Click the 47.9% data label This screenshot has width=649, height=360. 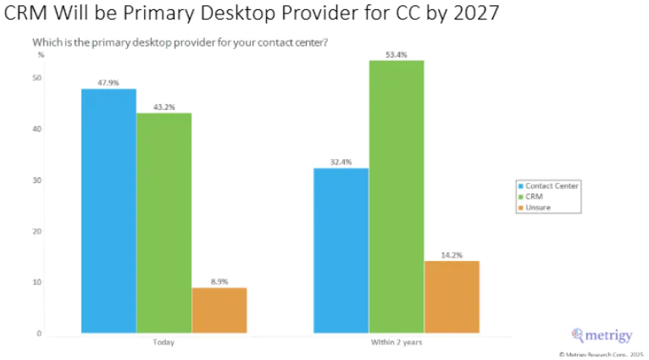(108, 83)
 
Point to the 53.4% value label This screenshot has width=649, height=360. (397, 54)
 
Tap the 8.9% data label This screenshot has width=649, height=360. (219, 282)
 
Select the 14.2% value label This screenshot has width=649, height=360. (452, 254)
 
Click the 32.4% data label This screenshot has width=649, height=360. (341, 162)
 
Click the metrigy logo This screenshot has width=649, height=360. (602, 335)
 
